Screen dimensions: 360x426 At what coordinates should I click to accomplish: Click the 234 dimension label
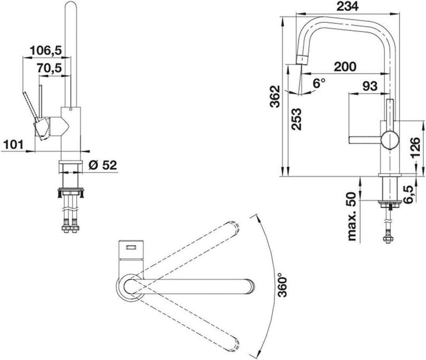pos(348,7)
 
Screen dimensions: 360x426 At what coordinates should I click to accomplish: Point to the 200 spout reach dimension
pos(345,66)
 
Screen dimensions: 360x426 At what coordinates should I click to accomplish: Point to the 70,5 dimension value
pos(49,68)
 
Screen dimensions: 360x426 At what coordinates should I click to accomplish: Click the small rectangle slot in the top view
pos(130,248)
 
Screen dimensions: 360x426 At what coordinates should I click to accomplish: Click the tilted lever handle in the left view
pos(30,106)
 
